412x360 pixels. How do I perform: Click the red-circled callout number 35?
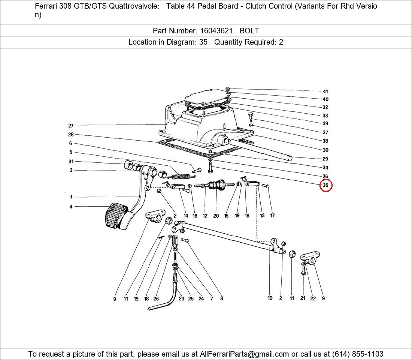tap(325, 185)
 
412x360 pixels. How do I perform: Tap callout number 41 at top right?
tap(325, 91)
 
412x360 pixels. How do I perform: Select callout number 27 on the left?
tap(71, 126)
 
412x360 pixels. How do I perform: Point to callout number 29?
tap(325, 159)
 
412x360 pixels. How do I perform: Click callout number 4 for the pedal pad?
tap(71, 207)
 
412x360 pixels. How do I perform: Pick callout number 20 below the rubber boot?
tap(216, 216)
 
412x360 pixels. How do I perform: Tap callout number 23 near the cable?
tap(181, 298)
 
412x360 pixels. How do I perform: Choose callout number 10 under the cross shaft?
tap(270, 298)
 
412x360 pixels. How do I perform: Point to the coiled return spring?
tap(181, 176)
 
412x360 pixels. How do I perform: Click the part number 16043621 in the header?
tap(216, 31)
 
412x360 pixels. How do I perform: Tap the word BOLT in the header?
tap(249, 31)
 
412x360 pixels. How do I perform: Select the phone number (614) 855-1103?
tap(358, 354)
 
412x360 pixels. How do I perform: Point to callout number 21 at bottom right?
tap(303, 298)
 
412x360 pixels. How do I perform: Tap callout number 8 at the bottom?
tap(222, 298)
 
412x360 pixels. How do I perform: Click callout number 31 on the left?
tap(71, 161)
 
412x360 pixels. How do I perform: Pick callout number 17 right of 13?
tap(272, 216)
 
